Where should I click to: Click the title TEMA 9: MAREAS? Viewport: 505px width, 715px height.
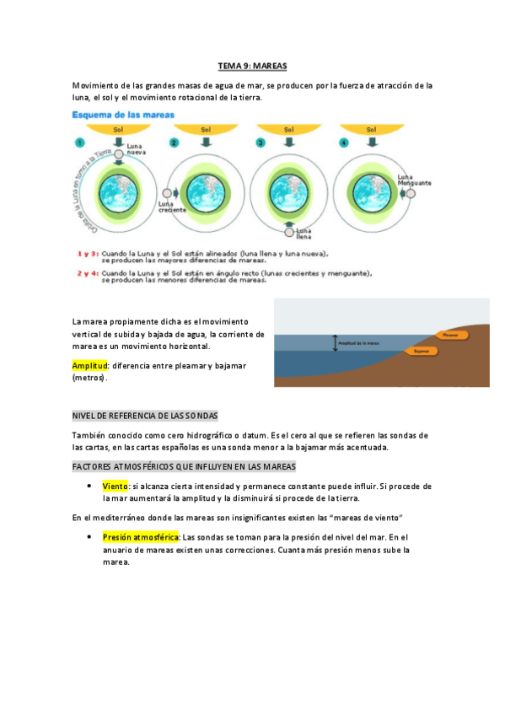(252, 65)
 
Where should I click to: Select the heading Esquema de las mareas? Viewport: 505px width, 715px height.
(123, 114)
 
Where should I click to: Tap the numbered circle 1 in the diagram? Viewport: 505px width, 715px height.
(82, 142)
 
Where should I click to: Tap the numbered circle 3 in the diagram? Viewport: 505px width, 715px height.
(261, 142)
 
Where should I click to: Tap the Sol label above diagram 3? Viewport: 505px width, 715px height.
(289, 130)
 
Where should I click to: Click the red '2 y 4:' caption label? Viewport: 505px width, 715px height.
(88, 273)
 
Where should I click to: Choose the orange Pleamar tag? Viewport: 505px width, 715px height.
(449, 335)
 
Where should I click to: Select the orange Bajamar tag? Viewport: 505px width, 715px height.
(422, 350)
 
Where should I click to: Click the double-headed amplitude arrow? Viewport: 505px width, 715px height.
(334, 343)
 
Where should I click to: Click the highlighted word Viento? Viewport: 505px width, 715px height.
(115, 487)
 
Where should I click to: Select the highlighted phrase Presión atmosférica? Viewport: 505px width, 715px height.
(141, 536)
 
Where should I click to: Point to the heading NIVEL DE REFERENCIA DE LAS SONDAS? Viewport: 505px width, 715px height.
(145, 416)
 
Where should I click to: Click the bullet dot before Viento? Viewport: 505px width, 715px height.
(89, 487)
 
